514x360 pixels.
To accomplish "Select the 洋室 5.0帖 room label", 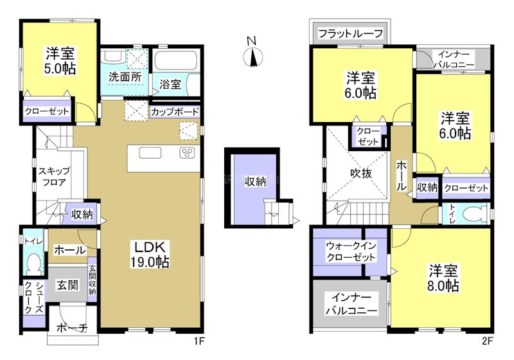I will (60, 59).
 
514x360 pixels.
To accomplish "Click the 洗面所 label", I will (125, 76).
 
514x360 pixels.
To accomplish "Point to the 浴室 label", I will (170, 84).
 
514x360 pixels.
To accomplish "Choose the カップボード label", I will (175, 112).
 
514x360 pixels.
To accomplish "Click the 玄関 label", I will (66, 283).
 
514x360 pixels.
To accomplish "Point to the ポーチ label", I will (72, 328).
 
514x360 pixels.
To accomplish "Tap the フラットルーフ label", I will (351, 33).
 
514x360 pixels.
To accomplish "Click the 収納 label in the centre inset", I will (255, 181).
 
